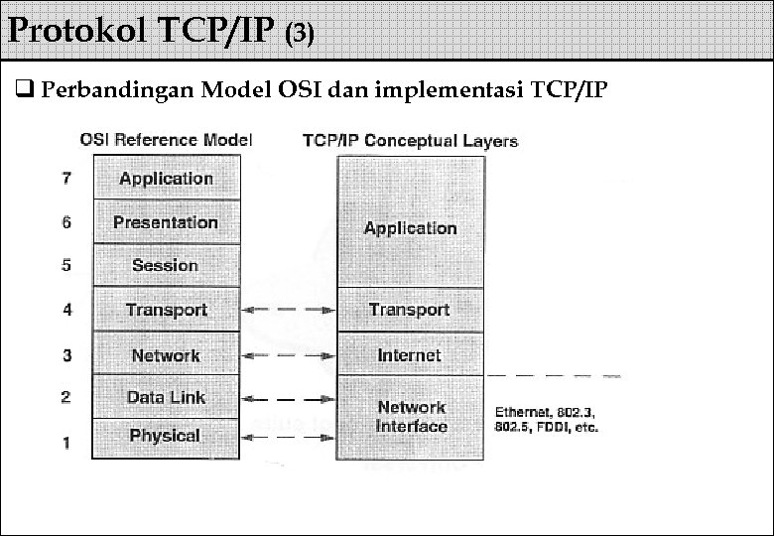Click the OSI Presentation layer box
click(x=166, y=222)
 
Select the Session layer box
click(x=166, y=265)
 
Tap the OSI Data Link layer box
click(x=166, y=397)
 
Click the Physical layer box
click(x=166, y=436)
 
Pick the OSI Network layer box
click(x=166, y=355)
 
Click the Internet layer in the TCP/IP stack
click(x=410, y=355)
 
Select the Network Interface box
click(x=410, y=417)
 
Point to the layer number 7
click(x=66, y=179)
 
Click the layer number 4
click(x=66, y=310)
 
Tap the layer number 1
click(x=66, y=443)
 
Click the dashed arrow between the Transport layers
click(x=288, y=310)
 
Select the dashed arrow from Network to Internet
click(x=288, y=355)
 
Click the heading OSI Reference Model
click(x=166, y=140)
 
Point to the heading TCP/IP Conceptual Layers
click(x=410, y=140)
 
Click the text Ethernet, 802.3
click(x=545, y=411)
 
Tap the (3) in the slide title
click(x=300, y=35)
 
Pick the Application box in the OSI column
click(x=166, y=179)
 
